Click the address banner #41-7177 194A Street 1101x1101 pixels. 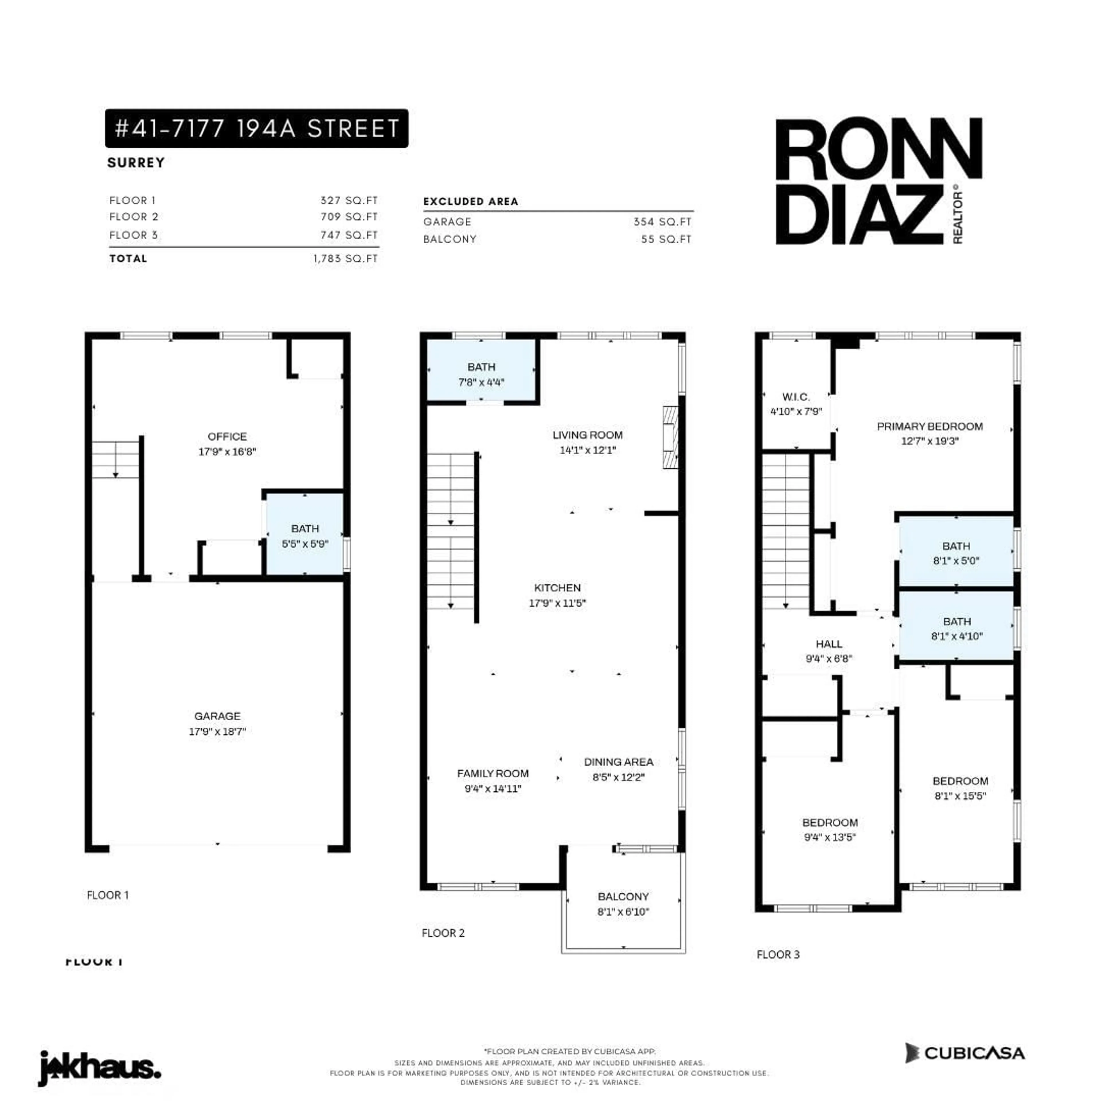pos(256,128)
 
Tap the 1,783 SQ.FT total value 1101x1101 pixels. pos(345,258)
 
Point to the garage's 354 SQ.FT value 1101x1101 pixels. pos(662,222)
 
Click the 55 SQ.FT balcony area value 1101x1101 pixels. pos(665,239)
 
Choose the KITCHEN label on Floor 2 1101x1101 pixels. pos(557,587)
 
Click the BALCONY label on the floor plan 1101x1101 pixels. pos(623,896)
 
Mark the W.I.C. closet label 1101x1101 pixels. pos(796,397)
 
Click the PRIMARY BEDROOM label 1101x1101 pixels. pos(930,426)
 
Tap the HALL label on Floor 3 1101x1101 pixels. pos(829,644)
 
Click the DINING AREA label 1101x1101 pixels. pos(618,762)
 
